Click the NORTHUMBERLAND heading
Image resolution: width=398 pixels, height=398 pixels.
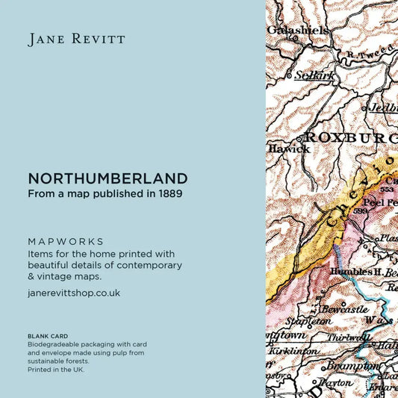point(108,179)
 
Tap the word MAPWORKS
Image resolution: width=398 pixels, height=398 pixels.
point(66,242)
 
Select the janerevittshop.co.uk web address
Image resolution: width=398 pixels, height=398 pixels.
point(74,293)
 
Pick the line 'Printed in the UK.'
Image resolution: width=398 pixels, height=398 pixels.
point(56,370)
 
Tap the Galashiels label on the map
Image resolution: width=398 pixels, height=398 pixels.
point(297,30)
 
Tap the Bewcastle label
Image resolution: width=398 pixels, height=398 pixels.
point(343,308)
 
